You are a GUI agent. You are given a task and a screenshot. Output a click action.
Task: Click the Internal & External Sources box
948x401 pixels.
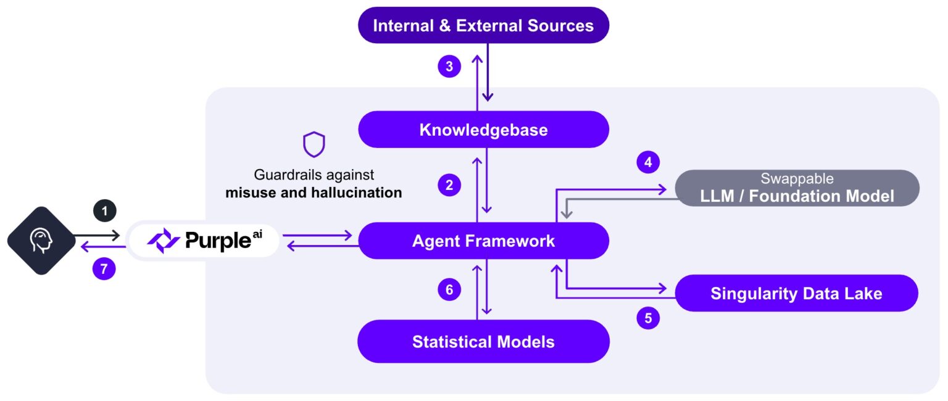coord(483,25)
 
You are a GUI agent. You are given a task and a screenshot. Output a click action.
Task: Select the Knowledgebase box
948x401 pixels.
coord(483,130)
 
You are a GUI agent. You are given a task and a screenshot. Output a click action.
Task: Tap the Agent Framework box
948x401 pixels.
coord(483,241)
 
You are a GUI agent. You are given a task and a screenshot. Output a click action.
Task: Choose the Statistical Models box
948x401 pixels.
coord(483,341)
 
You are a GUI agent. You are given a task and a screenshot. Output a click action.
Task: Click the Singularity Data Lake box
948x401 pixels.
coord(796,293)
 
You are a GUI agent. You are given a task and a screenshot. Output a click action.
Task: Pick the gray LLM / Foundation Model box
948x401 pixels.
coord(797,188)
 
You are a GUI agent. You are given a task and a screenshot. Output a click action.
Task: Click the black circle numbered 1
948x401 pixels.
coord(104,211)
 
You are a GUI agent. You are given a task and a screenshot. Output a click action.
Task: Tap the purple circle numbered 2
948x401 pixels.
coord(449,184)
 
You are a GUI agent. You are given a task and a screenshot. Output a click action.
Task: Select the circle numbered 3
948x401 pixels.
coord(449,67)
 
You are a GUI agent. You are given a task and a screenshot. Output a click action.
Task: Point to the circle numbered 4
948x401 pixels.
coord(647,163)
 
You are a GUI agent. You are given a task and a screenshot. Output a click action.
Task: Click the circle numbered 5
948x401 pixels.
coord(647,318)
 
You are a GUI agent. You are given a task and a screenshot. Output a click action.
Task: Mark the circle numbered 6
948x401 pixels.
coord(449,290)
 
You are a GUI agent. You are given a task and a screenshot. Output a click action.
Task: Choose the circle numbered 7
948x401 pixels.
coord(104,269)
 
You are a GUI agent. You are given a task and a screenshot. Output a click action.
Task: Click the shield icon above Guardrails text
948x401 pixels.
coord(314,144)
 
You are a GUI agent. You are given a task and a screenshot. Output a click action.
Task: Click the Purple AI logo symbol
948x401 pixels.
coord(164,241)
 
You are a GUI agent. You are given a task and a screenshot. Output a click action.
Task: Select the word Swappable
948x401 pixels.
coord(797,179)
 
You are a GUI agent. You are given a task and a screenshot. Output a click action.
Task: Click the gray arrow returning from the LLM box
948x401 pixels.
coord(617,199)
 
